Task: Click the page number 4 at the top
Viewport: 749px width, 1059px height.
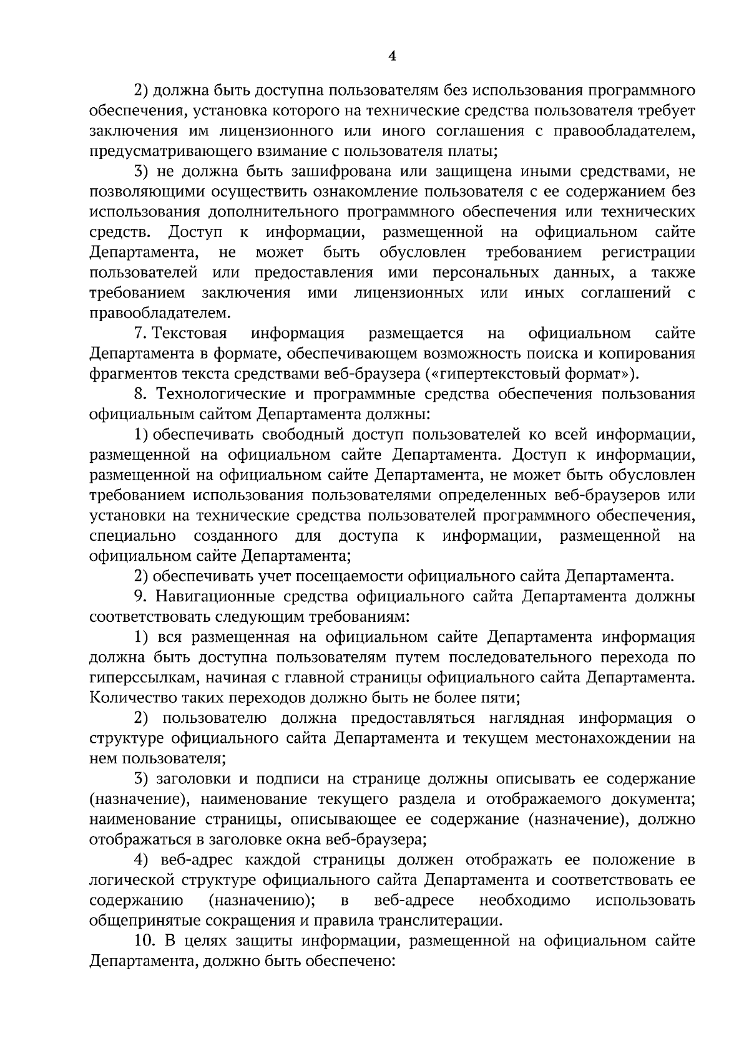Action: tap(391, 57)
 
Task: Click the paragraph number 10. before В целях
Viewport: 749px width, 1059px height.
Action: tap(144, 941)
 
